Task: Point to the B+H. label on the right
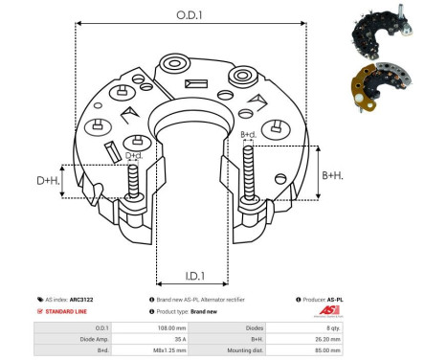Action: click(332, 175)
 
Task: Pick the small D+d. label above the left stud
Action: click(134, 155)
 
